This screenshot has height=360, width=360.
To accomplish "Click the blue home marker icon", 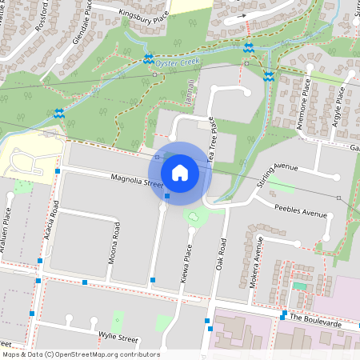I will [180, 172].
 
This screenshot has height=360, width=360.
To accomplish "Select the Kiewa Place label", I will [187, 257].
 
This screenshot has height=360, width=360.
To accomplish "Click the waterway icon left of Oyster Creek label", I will [148, 58].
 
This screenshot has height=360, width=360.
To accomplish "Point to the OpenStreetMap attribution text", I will [80, 354].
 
